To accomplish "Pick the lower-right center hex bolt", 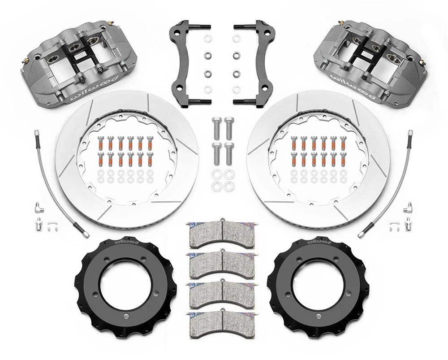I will pyautogui.click(x=229, y=152).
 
